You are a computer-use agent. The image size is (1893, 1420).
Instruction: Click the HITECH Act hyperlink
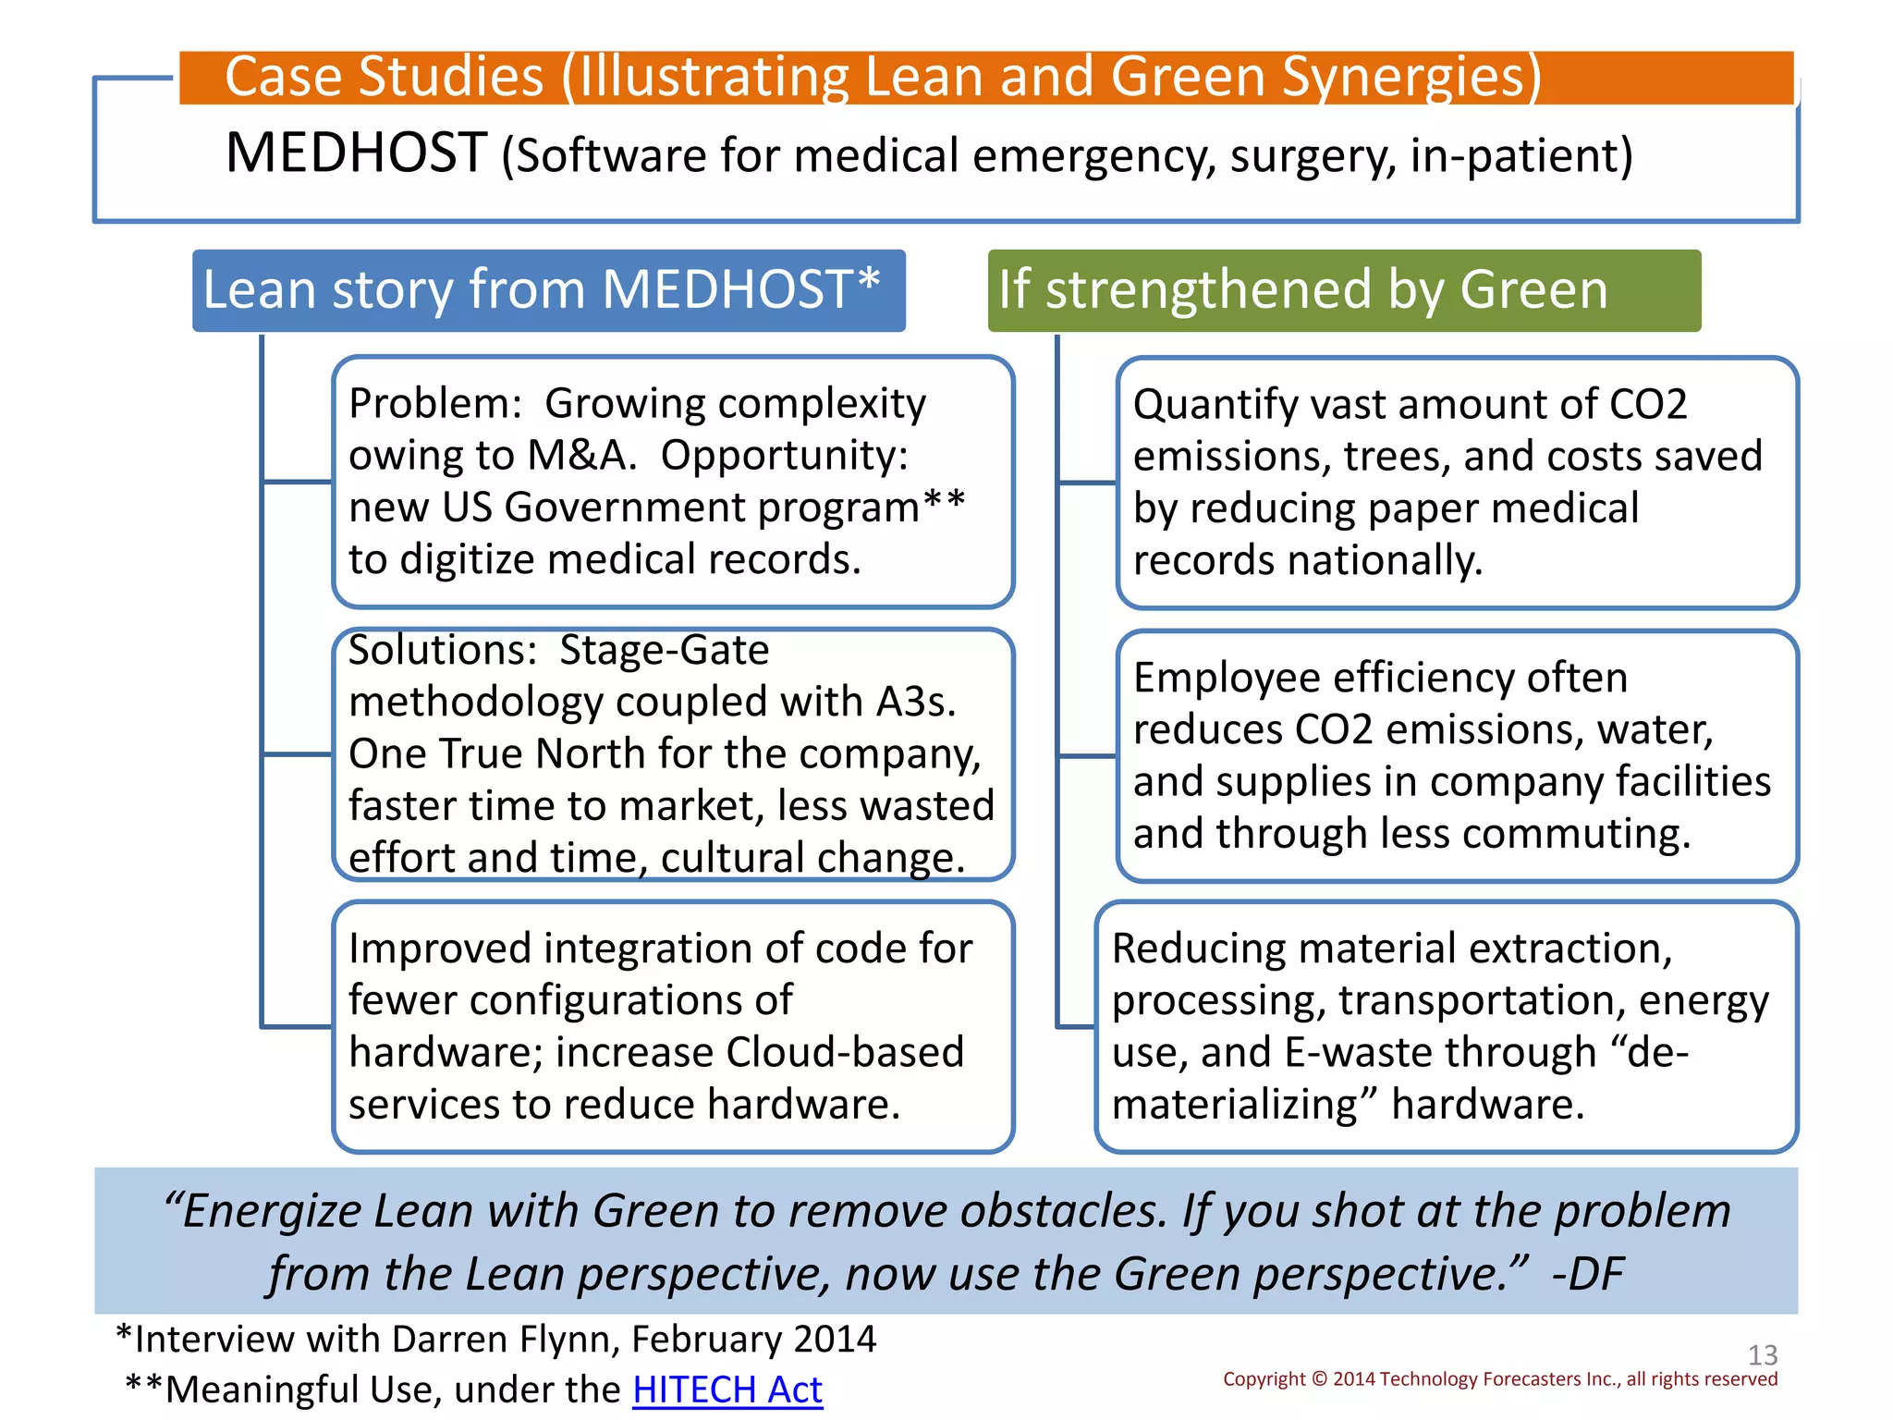727,1389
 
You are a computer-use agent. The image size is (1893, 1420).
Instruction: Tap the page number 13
1762,1355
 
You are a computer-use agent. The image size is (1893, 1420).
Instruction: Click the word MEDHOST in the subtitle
356,153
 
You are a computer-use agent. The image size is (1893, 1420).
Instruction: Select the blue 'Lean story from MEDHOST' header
548,290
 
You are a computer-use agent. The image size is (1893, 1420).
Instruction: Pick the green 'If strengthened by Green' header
1343,290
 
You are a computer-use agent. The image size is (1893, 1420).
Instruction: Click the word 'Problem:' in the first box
435,404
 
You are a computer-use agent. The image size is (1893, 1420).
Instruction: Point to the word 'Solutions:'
443,650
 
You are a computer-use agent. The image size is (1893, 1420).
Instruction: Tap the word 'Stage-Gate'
664,650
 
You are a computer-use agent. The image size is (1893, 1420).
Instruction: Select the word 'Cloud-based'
845,1052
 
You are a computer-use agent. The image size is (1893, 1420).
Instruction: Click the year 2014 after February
835,1339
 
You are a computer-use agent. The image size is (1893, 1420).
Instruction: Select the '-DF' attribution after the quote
1587,1274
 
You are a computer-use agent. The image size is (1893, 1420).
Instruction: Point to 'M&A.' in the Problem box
581,456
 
